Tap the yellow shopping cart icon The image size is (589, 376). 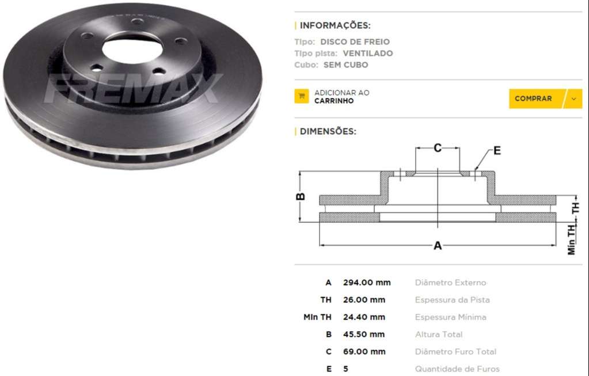coord(302,96)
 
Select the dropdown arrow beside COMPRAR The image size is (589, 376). coord(573,99)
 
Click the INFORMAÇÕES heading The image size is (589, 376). coord(335,25)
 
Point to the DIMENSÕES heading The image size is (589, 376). coord(328,131)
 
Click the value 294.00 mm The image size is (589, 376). coord(367,283)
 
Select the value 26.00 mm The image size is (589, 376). coord(364,300)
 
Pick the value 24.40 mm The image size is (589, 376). coord(364,317)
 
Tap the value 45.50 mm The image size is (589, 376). coord(364,335)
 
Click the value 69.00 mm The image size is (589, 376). coord(364,352)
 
